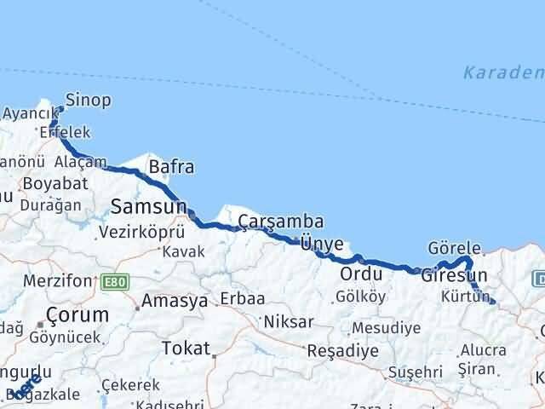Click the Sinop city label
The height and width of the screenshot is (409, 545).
(88, 101)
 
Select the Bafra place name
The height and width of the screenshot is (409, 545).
(171, 167)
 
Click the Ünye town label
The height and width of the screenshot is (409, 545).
(322, 244)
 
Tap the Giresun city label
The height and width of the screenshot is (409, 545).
(454, 276)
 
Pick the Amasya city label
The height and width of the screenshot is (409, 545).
(174, 301)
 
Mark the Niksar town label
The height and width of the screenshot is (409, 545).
(289, 322)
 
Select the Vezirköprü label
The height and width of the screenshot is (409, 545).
(141, 231)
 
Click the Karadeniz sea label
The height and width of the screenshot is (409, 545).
(502, 73)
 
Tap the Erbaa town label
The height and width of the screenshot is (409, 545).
(242, 299)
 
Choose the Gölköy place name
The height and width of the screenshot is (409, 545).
(361, 297)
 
